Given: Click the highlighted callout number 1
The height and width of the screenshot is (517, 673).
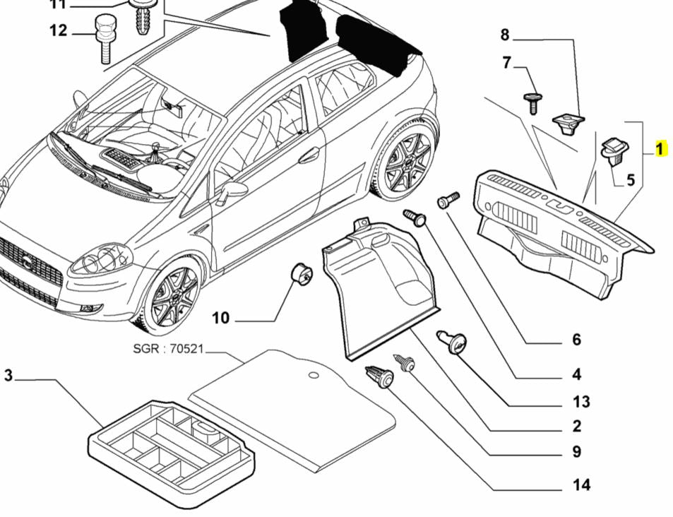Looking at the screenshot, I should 660,149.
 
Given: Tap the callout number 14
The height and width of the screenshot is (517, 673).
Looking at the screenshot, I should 582,485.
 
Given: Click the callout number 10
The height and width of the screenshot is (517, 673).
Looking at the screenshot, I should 221,319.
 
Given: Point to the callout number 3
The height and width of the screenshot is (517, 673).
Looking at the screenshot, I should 8,376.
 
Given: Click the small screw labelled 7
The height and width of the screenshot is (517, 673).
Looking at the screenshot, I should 532,101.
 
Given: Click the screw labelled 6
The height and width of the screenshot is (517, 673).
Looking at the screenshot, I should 447,201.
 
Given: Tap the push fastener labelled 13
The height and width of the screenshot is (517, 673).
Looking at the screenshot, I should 453,343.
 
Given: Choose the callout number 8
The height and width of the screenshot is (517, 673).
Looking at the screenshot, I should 505,35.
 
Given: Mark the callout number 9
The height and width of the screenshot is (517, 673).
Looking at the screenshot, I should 576,452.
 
